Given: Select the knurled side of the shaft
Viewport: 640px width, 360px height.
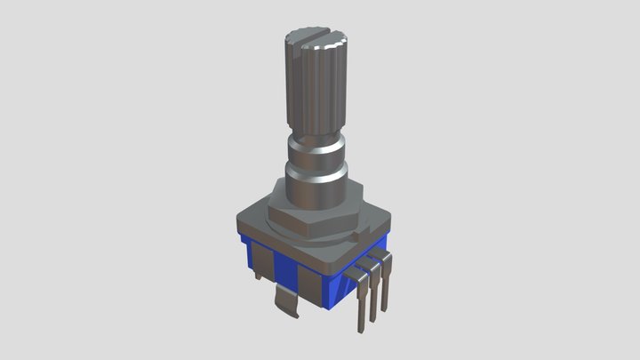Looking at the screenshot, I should coord(316,89).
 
